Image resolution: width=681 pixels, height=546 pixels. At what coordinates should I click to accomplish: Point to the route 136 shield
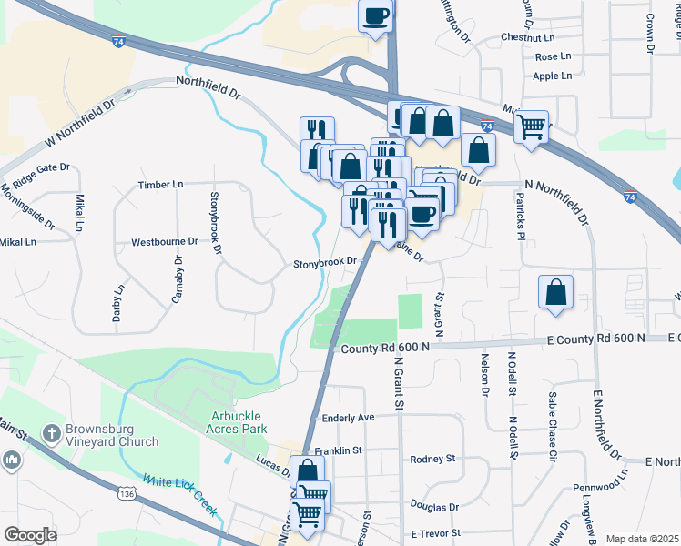pos(127,493)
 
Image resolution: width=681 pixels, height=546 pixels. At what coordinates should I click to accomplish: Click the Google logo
pos(30,534)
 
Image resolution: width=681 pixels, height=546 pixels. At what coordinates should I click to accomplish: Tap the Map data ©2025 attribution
pos(641,539)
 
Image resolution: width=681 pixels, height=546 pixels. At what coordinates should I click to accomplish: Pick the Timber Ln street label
pos(160,185)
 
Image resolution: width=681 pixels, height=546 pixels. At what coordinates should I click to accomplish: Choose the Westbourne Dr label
pos(164,242)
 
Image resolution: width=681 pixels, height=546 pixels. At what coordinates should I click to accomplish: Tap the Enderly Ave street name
pos(349,418)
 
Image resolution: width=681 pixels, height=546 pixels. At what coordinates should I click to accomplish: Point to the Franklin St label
pos(339,450)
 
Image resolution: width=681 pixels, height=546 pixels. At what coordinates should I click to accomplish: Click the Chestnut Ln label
pos(527,38)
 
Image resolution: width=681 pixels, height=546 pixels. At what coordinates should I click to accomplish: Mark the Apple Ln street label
pos(552,76)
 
